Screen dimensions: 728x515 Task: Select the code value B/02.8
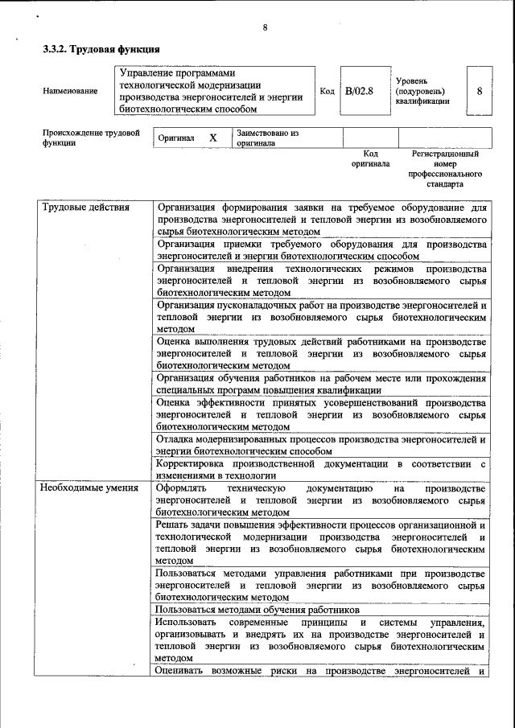359,91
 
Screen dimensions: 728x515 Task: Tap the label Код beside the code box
327,91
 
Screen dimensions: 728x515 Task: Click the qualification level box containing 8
480,91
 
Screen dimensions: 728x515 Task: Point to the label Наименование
70,91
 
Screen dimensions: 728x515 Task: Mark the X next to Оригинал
213,138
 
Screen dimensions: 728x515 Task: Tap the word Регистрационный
445,153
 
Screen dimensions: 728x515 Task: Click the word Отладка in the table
176,439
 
